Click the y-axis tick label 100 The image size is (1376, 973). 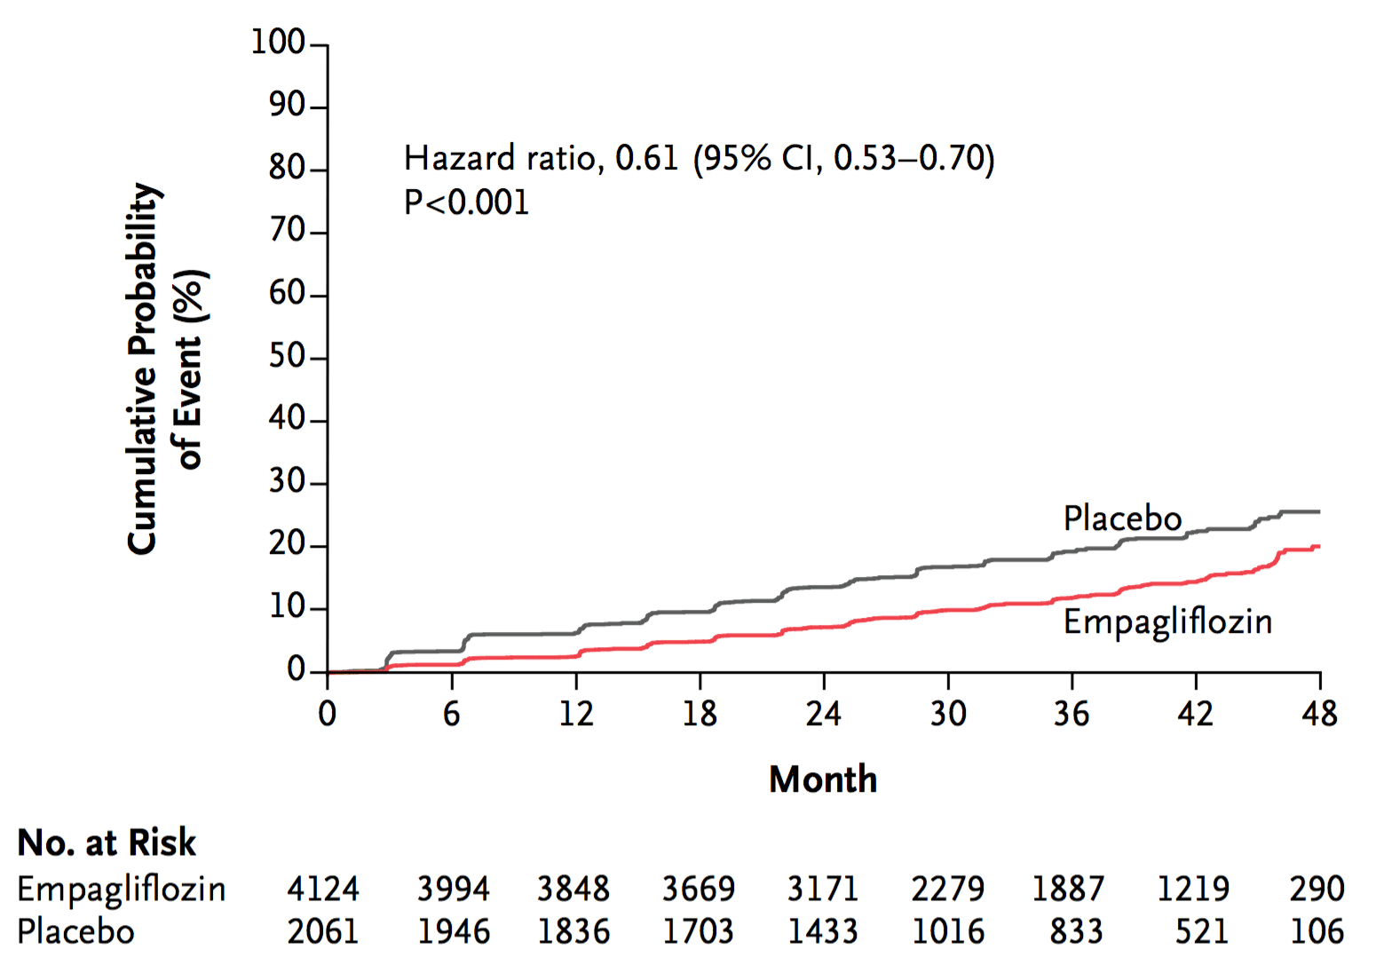pyautogui.click(x=278, y=43)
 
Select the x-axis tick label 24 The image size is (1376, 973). pyautogui.click(x=823, y=714)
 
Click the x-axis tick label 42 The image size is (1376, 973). pyautogui.click(x=1196, y=714)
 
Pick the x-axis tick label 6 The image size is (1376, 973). pyautogui.click(x=452, y=714)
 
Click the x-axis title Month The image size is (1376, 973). pyautogui.click(x=823, y=779)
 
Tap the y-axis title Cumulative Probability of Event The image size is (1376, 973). pyautogui.click(x=166, y=368)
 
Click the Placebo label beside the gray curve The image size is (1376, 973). pyautogui.click(x=1122, y=518)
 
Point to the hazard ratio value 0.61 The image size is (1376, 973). pyautogui.click(x=646, y=158)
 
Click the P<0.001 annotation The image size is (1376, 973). pyautogui.click(x=466, y=202)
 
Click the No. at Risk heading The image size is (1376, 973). pyautogui.click(x=107, y=842)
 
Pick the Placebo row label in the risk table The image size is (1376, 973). pyautogui.click(x=75, y=931)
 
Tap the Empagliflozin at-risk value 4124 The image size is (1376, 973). pyautogui.click(x=323, y=889)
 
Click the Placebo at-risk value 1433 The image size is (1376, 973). pyautogui.click(x=823, y=931)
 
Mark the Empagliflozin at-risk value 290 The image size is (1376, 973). pyautogui.click(x=1317, y=889)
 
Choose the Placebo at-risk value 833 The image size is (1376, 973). pyautogui.click(x=1076, y=931)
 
